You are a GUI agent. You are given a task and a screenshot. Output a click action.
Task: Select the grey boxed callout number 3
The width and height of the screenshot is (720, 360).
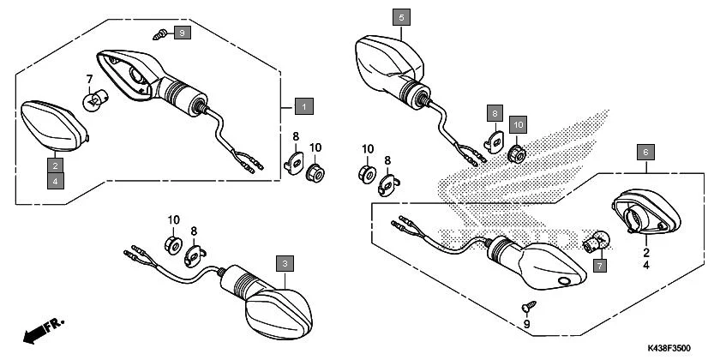tap(283, 263)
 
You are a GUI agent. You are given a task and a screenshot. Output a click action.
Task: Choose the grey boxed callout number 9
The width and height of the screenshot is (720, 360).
tap(182, 33)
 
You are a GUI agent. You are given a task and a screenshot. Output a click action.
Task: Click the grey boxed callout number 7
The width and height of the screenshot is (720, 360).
tap(598, 267)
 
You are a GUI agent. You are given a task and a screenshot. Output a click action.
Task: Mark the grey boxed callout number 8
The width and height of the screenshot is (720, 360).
tap(495, 112)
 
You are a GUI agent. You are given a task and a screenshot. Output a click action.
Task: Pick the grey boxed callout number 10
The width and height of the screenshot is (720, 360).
tap(517, 124)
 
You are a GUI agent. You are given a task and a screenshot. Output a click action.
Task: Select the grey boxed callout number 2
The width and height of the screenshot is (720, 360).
tap(54, 165)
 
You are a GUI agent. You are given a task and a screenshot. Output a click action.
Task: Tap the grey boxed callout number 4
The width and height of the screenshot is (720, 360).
tap(54, 181)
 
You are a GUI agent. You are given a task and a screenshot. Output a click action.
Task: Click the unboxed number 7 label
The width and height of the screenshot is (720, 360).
tap(88, 80)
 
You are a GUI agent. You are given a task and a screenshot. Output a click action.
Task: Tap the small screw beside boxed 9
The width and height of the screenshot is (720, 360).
tap(160, 34)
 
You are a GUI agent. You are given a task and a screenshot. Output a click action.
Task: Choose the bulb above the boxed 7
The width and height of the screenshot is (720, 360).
tap(597, 241)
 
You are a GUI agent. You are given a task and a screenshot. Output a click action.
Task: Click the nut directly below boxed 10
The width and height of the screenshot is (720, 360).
tap(517, 153)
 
